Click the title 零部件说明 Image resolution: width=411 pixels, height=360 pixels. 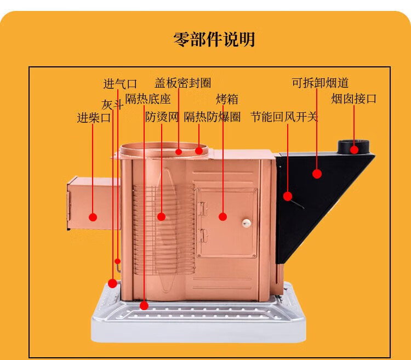click(214, 40)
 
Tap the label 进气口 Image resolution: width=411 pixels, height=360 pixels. click(120, 84)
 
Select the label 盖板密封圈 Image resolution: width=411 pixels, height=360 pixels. click(182, 83)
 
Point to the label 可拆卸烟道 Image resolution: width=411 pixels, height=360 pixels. click(320, 83)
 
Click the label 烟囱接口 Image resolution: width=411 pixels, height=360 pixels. click(354, 99)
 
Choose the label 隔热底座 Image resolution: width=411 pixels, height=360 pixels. click(148, 99)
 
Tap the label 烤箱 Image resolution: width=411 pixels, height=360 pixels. click(227, 99)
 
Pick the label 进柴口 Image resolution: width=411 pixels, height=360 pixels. click(94, 117)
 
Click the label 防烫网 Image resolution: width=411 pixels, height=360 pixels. click(162, 117)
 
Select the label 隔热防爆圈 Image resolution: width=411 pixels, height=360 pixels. click(212, 117)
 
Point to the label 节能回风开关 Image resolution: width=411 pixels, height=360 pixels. click(284, 117)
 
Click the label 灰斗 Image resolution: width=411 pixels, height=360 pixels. click(112, 104)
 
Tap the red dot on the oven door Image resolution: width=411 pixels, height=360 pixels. click(222, 216)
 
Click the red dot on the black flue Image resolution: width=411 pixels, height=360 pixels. click(317, 174)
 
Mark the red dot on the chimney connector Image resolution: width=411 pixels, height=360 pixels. click(355, 149)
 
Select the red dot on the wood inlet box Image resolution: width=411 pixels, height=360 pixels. click(93, 217)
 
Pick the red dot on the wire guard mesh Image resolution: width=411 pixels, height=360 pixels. click(161, 216)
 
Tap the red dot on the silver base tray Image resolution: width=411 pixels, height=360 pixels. click(144, 306)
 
